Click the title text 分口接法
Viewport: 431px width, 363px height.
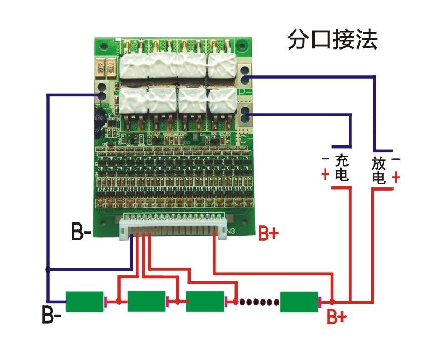pos(332,40)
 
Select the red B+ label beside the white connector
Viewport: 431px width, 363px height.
pos(269,233)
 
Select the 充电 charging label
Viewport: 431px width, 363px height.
pos(342,167)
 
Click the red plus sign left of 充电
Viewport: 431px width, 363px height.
pos(325,175)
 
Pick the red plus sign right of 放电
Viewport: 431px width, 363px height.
pos(396,177)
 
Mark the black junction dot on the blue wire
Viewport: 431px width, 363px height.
pos(48,269)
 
